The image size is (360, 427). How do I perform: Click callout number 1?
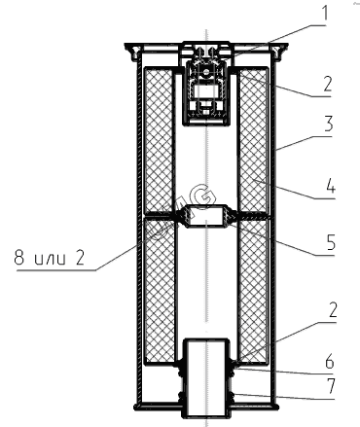(324, 13)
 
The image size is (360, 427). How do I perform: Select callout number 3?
(328, 124)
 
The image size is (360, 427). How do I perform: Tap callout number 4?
(330, 186)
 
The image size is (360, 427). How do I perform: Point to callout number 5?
(331, 242)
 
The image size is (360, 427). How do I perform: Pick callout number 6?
(330, 361)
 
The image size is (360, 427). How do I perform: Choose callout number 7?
(330, 386)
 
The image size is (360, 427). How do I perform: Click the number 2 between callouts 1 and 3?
(328, 84)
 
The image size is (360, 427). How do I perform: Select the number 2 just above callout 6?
(333, 310)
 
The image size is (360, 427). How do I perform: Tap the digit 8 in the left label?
(19, 258)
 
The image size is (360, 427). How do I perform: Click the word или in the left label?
(50, 260)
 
